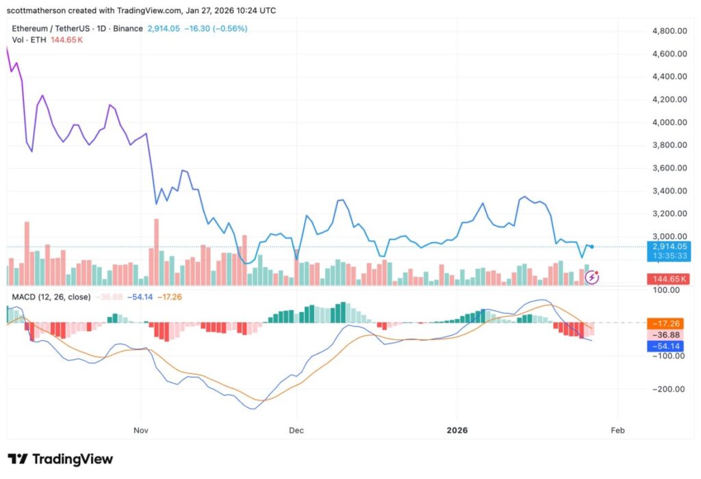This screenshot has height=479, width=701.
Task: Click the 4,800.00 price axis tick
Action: tap(668, 31)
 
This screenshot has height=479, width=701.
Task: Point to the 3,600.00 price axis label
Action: tap(668, 168)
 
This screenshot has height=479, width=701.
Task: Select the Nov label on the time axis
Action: tap(141, 430)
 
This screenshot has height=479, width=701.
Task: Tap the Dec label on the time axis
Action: tap(296, 430)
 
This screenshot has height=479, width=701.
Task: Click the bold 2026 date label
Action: tap(457, 430)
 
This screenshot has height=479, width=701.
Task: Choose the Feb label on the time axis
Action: tap(617, 430)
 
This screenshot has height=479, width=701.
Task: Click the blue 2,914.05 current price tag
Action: tap(669, 246)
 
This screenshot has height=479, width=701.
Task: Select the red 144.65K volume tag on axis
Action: tap(669, 279)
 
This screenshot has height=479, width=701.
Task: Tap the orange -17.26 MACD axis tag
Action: tap(669, 322)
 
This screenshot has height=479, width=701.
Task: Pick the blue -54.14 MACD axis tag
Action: tap(669, 346)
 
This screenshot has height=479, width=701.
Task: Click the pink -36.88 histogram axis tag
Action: tap(669, 335)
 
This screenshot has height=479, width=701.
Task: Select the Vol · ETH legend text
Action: tap(28, 40)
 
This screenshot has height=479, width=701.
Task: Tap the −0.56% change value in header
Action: tap(231, 29)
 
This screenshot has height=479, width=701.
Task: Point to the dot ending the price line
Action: tap(591, 246)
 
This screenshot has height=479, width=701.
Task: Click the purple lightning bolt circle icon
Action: tap(593, 277)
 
